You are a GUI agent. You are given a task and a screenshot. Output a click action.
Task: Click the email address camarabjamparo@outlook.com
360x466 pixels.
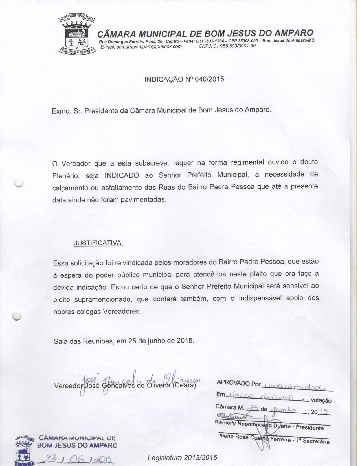141,47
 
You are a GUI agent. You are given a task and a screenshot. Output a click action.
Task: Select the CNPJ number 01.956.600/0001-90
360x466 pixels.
235,46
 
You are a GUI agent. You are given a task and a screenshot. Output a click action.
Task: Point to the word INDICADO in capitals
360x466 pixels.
122,175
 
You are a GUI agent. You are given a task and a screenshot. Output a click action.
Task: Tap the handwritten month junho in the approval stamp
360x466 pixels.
283,410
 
